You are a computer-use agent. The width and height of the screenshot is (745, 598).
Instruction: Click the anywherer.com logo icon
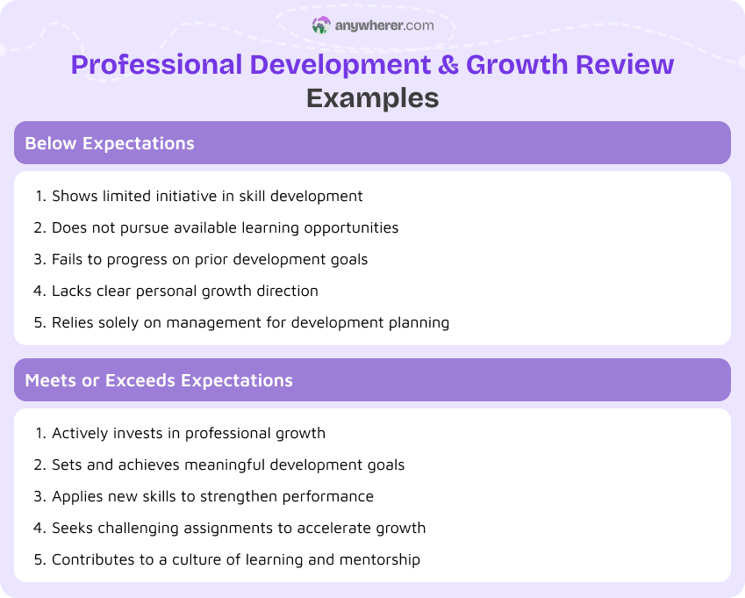[321, 25]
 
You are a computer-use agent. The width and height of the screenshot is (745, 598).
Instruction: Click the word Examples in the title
[372, 97]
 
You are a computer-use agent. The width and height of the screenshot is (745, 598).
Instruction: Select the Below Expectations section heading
[110, 143]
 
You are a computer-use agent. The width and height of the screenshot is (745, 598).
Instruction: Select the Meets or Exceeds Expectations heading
[159, 380]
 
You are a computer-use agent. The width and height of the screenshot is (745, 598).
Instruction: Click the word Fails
[68, 259]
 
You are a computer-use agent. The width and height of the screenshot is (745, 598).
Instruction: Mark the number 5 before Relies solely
[39, 322]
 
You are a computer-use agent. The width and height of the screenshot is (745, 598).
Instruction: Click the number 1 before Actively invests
[39, 433]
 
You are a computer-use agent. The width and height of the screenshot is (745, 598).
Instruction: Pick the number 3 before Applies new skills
[39, 496]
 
